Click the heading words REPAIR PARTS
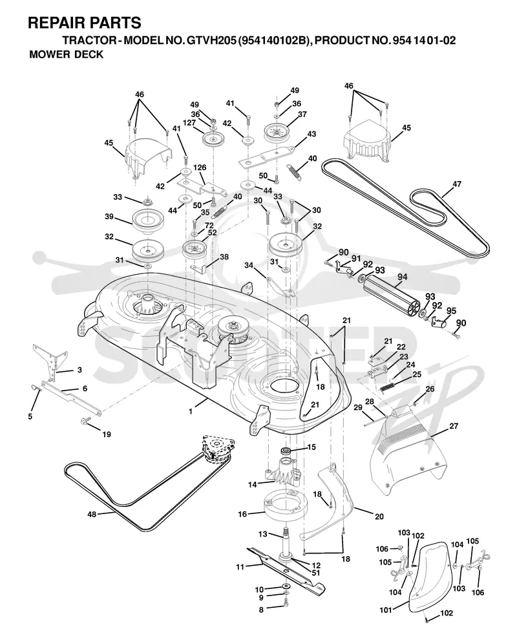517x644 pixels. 85,23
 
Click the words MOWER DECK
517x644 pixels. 66,54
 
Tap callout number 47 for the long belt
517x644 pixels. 457,184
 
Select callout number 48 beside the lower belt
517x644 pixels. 92,514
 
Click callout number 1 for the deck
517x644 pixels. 191,411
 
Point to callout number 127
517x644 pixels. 189,123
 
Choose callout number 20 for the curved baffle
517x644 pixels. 379,516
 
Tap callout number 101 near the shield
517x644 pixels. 386,610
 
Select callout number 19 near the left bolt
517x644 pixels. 107,434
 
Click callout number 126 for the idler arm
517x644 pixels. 200,167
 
